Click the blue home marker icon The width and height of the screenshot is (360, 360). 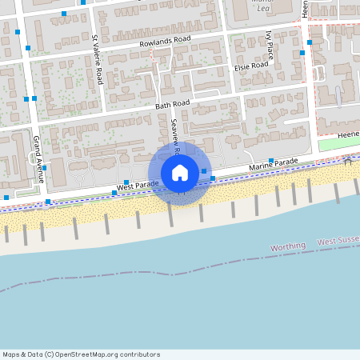pos(180,173)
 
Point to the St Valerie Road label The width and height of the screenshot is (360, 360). pos(97,60)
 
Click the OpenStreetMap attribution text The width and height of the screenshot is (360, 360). pos(81,354)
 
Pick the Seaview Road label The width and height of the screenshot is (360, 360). pos(176,138)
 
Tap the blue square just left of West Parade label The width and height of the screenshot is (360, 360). pos(102,192)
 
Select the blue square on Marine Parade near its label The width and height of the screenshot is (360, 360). pos(271,160)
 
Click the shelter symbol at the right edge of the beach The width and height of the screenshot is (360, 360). pos(348,161)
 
